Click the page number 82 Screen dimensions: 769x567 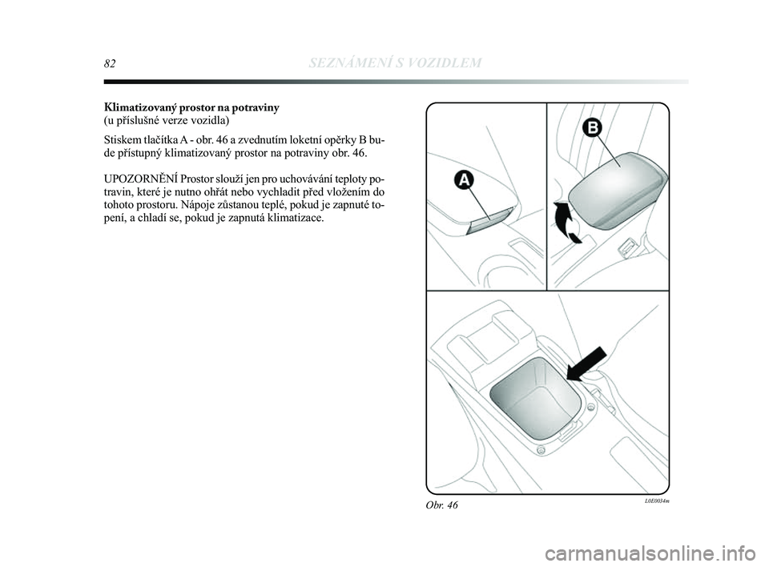(x=110, y=63)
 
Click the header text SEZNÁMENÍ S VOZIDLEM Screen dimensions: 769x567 (x=396, y=62)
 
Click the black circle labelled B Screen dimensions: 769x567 (x=593, y=128)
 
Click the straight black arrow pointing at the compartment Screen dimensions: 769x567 (x=586, y=364)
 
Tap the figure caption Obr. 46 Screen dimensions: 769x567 (x=442, y=505)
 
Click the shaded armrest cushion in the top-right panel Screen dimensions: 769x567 (x=617, y=190)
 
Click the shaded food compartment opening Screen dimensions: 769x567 (x=536, y=398)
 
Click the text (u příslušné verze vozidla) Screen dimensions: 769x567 (x=167, y=120)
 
